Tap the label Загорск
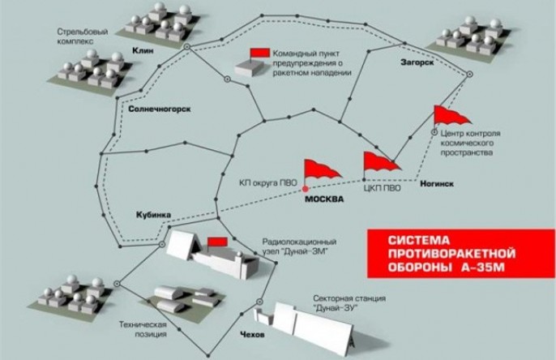(x=417, y=62)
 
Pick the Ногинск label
(x=436, y=183)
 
